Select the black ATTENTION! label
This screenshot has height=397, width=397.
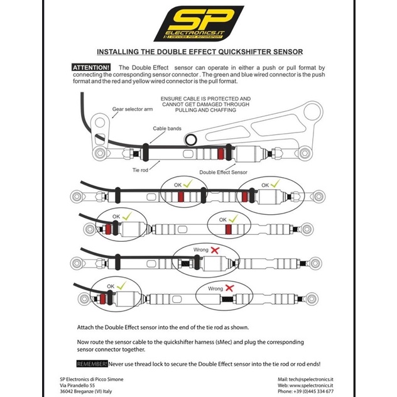coord(92,67)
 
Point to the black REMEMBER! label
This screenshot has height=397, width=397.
coord(92,364)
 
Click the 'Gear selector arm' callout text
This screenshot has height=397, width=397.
coord(133,108)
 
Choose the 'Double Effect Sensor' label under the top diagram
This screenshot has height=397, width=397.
coord(223,171)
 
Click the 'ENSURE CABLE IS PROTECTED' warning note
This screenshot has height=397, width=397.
coord(205,104)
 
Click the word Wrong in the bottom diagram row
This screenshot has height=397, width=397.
coord(215,288)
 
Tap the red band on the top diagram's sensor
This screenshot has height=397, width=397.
coord(220,153)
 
